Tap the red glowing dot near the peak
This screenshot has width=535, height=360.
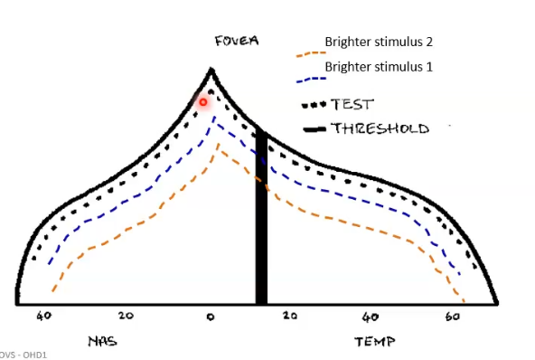203,102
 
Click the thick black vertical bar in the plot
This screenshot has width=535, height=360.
261,217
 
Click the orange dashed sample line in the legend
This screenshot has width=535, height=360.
311,53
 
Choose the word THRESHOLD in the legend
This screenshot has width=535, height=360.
379,128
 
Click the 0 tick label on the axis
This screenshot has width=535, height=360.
210,317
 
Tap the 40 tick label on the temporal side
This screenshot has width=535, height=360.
371,317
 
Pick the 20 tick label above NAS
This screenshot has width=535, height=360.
127,316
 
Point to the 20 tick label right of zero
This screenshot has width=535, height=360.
289,316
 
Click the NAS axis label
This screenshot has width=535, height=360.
101,341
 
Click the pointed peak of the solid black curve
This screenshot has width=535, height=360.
211,69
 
